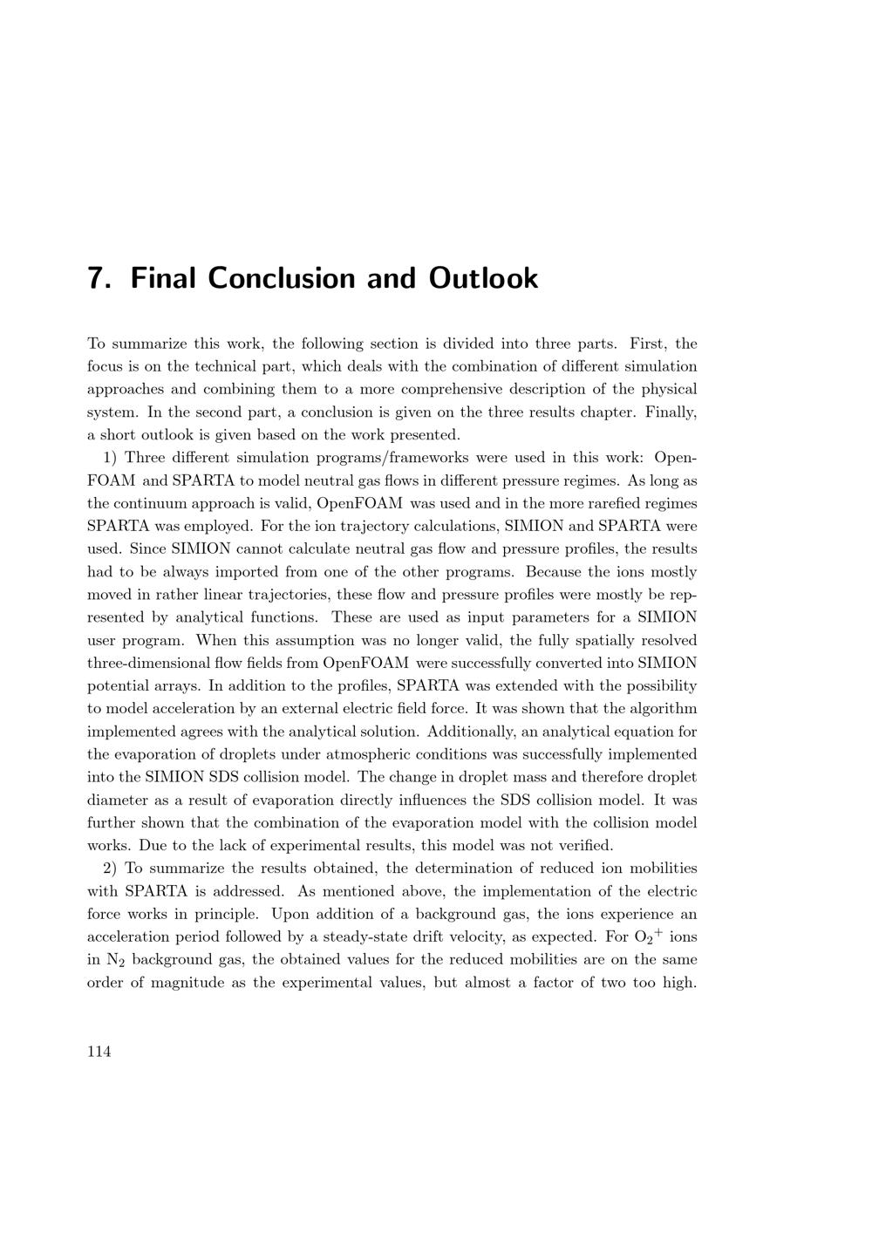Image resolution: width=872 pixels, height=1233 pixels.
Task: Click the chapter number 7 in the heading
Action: [98, 278]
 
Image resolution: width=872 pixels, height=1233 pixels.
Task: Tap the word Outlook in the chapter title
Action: [483, 278]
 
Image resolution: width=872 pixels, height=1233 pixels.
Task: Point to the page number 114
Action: [99, 1052]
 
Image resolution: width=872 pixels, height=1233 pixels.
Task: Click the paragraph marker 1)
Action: [111, 458]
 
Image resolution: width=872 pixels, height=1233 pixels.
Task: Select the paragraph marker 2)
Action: [111, 869]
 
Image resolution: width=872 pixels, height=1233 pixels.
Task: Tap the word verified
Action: [587, 846]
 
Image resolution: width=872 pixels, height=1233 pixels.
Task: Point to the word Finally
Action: [671, 412]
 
